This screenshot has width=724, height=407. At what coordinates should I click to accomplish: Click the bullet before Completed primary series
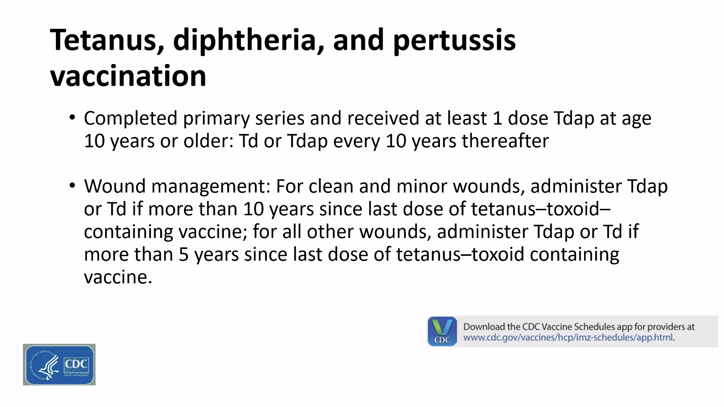(x=72, y=117)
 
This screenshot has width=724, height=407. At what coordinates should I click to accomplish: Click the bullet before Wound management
(x=72, y=185)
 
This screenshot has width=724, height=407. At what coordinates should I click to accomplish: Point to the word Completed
(x=131, y=119)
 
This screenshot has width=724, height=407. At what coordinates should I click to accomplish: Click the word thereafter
(x=505, y=141)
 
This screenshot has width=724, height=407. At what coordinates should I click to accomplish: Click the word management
(x=211, y=187)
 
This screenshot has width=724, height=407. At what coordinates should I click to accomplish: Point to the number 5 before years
(x=184, y=255)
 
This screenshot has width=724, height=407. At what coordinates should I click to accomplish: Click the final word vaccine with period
(x=118, y=277)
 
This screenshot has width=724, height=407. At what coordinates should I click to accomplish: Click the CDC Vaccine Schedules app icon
(x=442, y=331)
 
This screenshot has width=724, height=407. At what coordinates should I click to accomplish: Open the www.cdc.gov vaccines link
(x=569, y=337)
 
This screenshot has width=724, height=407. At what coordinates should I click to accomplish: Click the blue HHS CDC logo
(x=59, y=364)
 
